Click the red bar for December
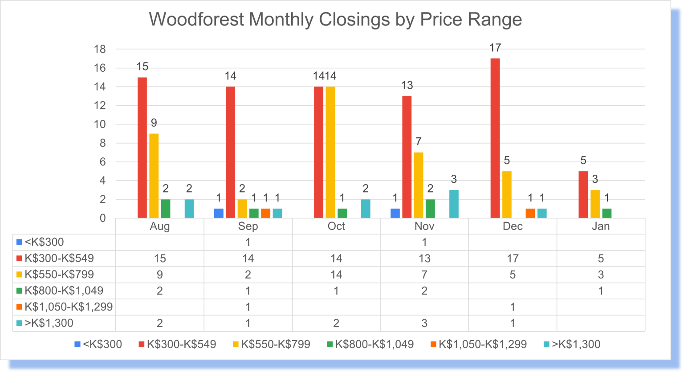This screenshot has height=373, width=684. point(495,138)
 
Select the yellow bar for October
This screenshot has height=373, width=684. point(330,152)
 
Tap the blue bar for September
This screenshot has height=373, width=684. point(219,213)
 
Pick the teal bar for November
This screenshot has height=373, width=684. point(454,204)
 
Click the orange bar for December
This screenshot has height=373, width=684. point(530,213)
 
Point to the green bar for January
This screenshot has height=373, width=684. point(607,213)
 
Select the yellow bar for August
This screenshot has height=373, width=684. point(154,176)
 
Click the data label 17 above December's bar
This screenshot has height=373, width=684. point(495,48)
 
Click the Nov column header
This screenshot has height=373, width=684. point(424,226)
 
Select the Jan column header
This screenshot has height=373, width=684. point(600,226)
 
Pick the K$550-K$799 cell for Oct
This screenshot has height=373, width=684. point(336,275)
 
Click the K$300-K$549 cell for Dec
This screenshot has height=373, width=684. point(513,258)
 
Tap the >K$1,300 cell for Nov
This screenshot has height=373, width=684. point(424,323)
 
